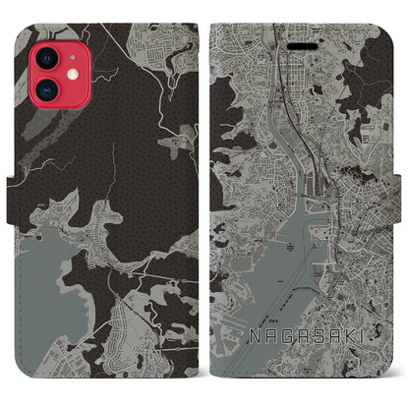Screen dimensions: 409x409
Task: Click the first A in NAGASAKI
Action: [267, 338]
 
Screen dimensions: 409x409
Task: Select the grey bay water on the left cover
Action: [39, 275]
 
